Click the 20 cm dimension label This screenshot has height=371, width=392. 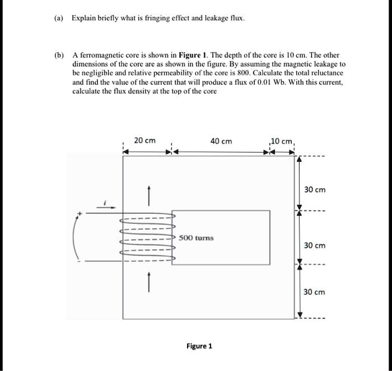click(145, 140)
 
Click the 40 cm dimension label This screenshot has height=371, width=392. click(221, 140)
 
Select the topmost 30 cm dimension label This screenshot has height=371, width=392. click(314, 190)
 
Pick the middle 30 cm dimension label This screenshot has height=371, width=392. click(314, 246)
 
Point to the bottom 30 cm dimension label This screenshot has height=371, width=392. click(314, 292)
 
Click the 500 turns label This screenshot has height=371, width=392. click(197, 238)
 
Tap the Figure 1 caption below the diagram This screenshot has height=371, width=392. click(199, 346)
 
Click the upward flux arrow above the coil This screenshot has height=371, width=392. click(149, 195)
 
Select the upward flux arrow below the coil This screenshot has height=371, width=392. click(149, 281)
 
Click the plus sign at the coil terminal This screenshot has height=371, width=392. click(80, 213)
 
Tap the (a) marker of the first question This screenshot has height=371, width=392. click(58, 19)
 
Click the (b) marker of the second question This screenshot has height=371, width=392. click(58, 55)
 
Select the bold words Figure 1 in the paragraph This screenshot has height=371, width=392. click(192, 55)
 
